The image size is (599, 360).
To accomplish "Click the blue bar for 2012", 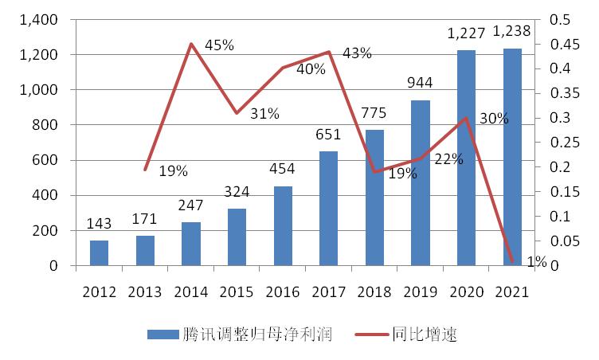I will (99, 252).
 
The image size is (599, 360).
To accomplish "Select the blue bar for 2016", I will (283, 226).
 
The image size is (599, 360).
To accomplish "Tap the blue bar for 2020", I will (466, 158).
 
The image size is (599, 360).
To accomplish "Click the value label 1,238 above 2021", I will (512, 32).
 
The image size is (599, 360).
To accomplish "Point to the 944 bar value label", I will (421, 83).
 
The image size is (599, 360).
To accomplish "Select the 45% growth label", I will (219, 45).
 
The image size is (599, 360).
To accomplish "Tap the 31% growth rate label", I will (264, 114).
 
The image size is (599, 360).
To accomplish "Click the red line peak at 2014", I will (191, 44).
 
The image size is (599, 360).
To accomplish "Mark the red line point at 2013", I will (145, 170).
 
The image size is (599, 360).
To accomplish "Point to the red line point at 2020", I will (466, 118).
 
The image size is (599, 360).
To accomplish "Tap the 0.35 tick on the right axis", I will (556, 93).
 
